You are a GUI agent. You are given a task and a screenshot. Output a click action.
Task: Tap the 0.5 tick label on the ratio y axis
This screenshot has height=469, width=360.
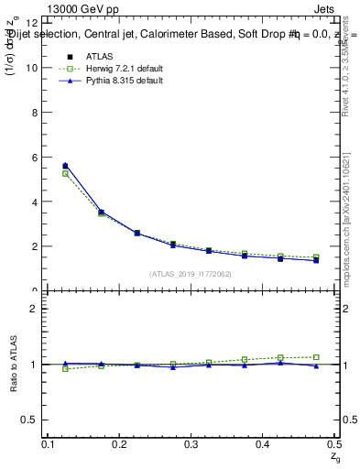tap(30, 420)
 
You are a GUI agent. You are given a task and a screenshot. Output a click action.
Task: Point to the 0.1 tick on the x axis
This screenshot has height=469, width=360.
tap(49, 444)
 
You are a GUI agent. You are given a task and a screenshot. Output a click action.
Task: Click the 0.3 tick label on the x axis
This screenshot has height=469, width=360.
tap(192, 444)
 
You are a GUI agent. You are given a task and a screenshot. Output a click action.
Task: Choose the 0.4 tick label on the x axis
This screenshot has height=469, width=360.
tap(264, 444)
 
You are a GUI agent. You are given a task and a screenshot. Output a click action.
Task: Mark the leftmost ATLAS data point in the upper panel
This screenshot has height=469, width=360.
tap(65, 166)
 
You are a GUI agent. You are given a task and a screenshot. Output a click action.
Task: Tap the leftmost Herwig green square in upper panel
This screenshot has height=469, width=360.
tap(65, 173)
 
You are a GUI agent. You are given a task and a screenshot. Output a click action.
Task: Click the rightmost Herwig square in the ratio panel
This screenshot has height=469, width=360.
tap(316, 357)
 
